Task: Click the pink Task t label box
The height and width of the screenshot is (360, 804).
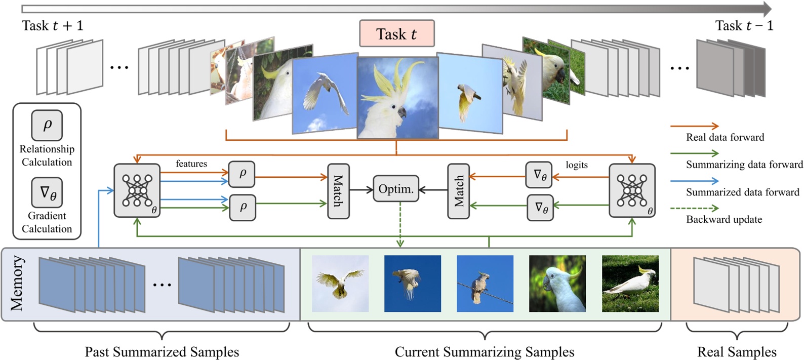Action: pos(396,34)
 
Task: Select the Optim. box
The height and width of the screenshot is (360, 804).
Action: pos(396,189)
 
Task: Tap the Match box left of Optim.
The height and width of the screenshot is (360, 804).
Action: pos(338,191)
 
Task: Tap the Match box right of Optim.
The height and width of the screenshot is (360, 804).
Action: pos(458,191)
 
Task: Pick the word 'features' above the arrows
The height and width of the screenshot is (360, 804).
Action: pos(191,164)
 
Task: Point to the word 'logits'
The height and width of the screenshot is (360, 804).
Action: pos(576,165)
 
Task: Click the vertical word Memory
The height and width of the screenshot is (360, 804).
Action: pos(17,283)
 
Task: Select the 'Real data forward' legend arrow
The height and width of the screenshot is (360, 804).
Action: pos(694,126)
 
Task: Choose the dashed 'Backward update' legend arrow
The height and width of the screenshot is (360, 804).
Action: pos(694,208)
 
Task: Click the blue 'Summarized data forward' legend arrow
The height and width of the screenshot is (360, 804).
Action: pos(694,181)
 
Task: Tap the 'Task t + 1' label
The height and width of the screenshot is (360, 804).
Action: pos(53,26)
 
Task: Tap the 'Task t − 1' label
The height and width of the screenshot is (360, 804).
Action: pos(744,26)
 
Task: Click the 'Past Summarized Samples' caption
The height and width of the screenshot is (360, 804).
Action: pos(162,351)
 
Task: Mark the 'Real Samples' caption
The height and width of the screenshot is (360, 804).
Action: pos(736,351)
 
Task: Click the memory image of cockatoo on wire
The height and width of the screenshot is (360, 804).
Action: pos(485,284)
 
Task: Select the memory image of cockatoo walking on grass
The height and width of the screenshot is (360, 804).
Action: pos(630,284)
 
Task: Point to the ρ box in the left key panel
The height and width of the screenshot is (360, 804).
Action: pos(47,125)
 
